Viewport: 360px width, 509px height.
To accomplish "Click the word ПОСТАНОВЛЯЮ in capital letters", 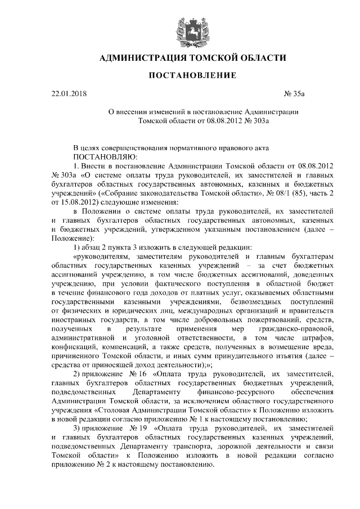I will [x=104, y=156].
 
